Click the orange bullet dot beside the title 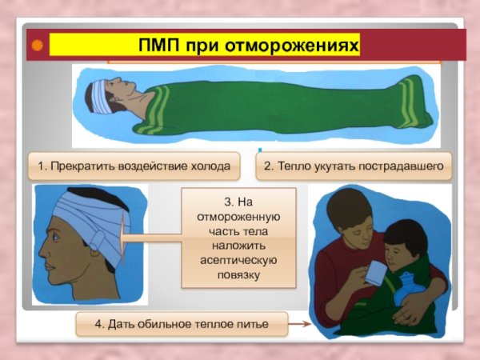pyautogui.click(x=36, y=45)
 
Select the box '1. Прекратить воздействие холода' pyautogui.click(x=134, y=166)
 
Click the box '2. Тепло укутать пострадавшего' pyautogui.click(x=353, y=166)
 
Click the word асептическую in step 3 pyautogui.click(x=238, y=261)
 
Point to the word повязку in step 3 pyautogui.click(x=238, y=275)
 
